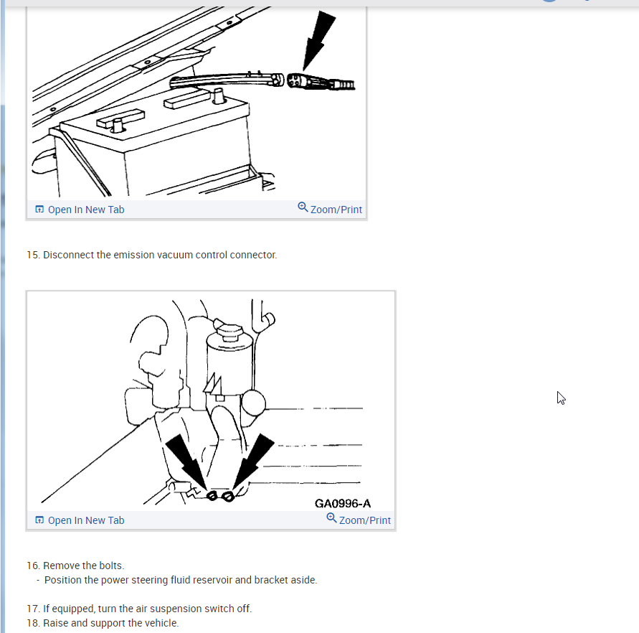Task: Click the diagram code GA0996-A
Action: click(343, 504)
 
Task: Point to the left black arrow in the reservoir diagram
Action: click(187, 461)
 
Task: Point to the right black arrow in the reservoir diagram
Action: click(253, 460)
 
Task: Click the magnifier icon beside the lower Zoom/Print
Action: click(332, 518)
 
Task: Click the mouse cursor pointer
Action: click(561, 398)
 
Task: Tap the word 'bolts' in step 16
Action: click(112, 566)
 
